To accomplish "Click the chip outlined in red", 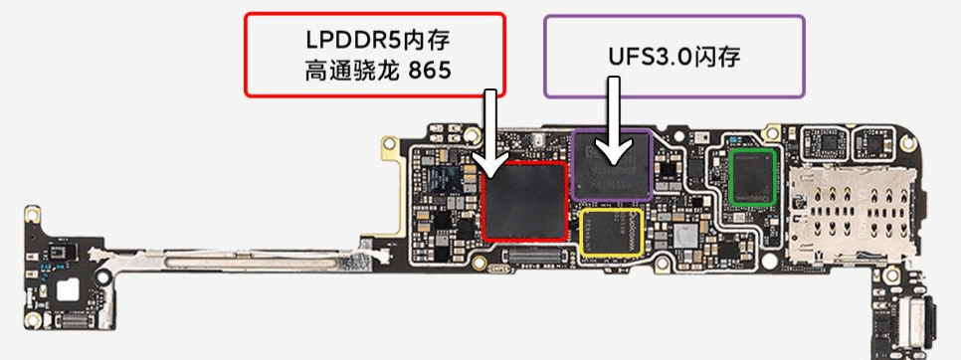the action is pyautogui.click(x=523, y=201).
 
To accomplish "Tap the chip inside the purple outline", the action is pyautogui.click(x=611, y=165).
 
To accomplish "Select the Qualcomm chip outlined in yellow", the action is pyautogui.click(x=612, y=232).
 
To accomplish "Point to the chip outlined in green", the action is pyautogui.click(x=753, y=177).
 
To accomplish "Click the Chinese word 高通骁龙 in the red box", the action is pyautogui.click(x=349, y=71).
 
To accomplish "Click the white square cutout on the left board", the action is pyautogui.click(x=68, y=289).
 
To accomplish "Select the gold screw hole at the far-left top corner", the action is pyautogui.click(x=32, y=214).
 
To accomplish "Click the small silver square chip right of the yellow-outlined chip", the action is pyautogui.click(x=685, y=235).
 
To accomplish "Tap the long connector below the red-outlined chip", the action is pyautogui.click(x=531, y=255).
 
